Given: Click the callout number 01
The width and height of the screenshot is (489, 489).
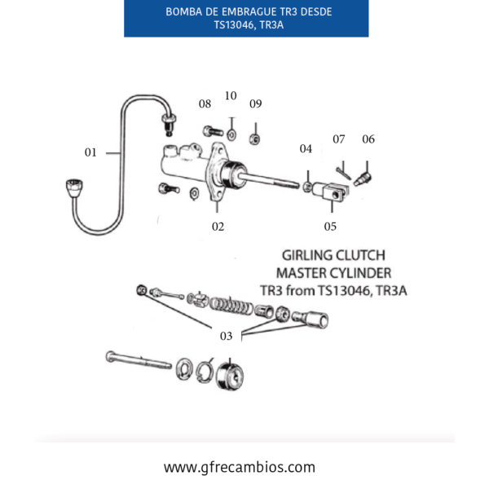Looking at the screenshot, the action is [x=90, y=152].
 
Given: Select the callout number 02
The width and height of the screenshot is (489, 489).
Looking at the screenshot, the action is [x=218, y=227].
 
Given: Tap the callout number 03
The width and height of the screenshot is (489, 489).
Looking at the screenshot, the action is [x=226, y=336].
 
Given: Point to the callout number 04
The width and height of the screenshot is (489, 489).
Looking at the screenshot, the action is [x=306, y=149].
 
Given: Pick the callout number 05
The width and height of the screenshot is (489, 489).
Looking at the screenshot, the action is [x=330, y=227].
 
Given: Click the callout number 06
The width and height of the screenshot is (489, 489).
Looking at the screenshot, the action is [x=368, y=139].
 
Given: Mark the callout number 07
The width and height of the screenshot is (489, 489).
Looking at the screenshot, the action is [x=339, y=139].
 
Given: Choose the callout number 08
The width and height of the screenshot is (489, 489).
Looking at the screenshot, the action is [x=205, y=104].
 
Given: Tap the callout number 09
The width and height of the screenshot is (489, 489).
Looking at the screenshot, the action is [x=255, y=104].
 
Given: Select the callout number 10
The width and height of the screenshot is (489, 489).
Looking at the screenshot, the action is [x=231, y=95].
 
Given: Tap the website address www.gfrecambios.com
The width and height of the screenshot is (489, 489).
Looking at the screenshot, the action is [x=240, y=467].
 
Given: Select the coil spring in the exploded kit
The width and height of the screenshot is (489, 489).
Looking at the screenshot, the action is [x=231, y=305].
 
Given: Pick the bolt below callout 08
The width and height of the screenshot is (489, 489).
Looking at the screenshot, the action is [x=213, y=131].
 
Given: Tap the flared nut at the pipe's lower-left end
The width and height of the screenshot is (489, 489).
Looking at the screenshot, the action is [x=74, y=187].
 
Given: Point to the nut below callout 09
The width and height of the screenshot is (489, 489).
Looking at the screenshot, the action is [x=254, y=139].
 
